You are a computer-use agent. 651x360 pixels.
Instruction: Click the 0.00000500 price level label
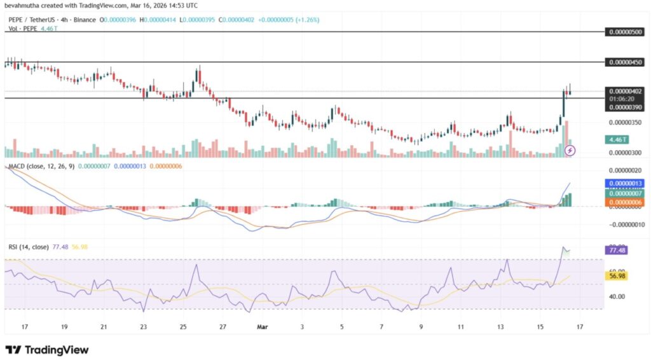click(x=626, y=31)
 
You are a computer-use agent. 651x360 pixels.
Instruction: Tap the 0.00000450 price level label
click(x=626, y=62)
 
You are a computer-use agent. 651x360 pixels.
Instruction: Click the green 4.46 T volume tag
click(x=617, y=139)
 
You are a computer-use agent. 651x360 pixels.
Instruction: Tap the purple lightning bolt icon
click(x=570, y=150)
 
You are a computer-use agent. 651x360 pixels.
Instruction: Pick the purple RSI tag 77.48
click(x=617, y=251)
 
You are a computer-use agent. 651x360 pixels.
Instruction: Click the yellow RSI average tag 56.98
click(x=617, y=276)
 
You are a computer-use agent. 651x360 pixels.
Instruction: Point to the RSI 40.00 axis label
click(x=617, y=296)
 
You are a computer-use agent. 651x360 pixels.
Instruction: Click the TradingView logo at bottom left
click(x=47, y=350)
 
